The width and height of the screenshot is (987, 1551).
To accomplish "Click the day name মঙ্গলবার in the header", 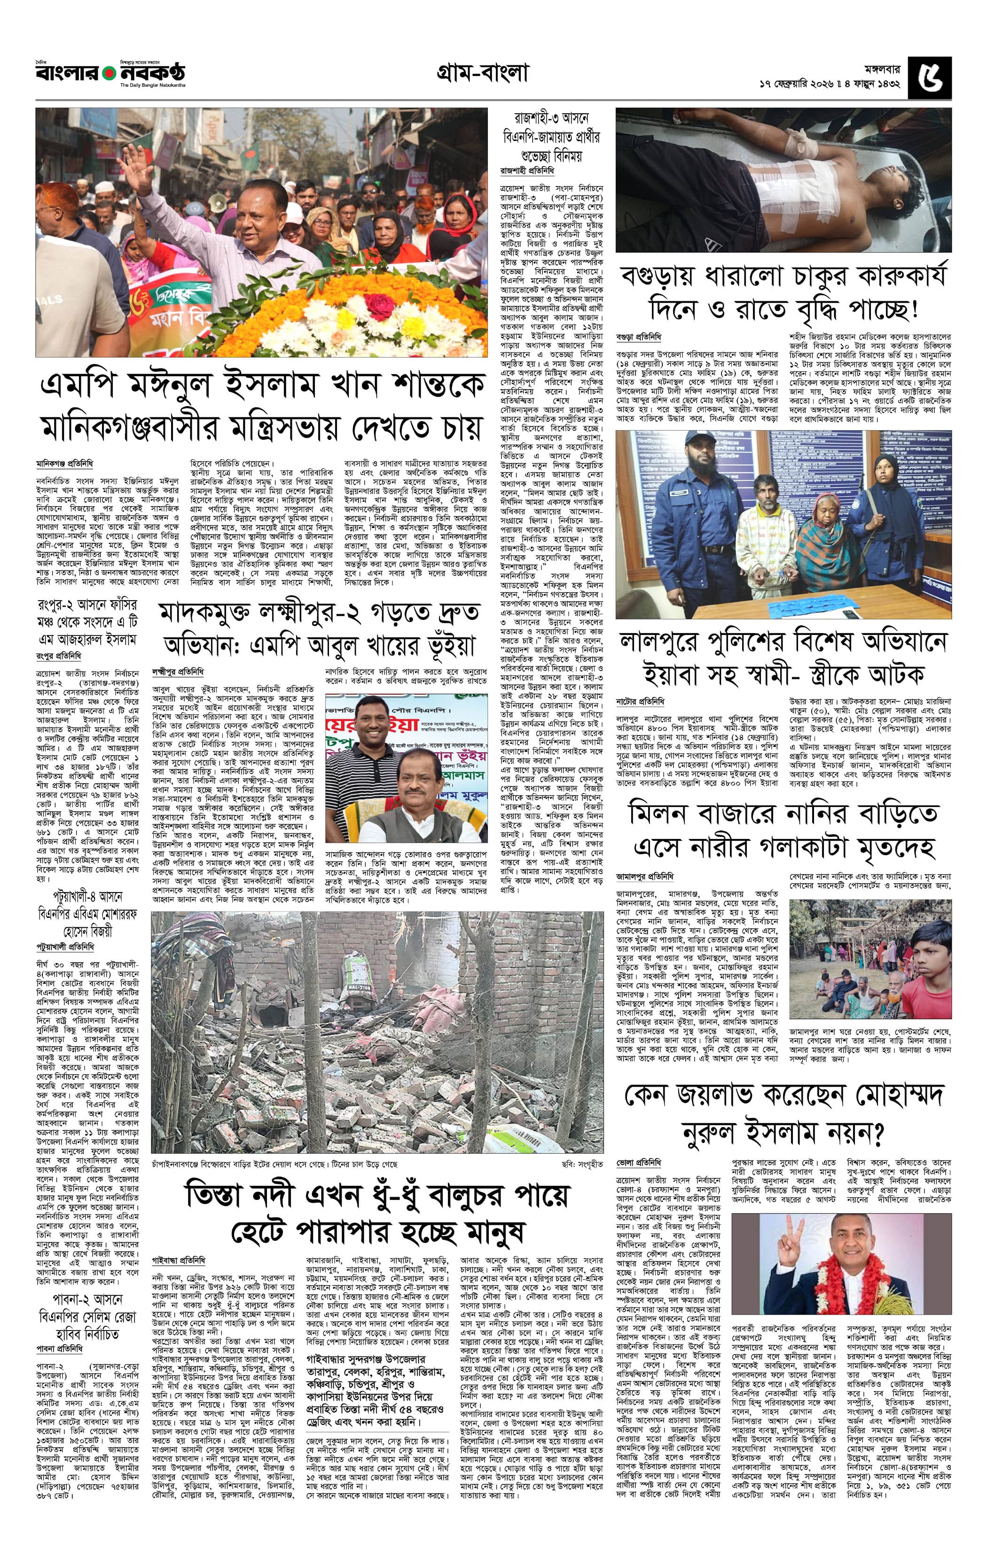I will coord(882,68).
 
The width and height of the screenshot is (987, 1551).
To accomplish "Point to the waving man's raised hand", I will coord(134,161).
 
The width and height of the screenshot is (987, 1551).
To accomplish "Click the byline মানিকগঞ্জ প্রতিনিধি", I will coord(64,463).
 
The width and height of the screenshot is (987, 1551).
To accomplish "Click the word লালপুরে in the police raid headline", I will coord(663,642).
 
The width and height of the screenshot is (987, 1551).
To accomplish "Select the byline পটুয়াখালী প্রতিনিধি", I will coord(65,947).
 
